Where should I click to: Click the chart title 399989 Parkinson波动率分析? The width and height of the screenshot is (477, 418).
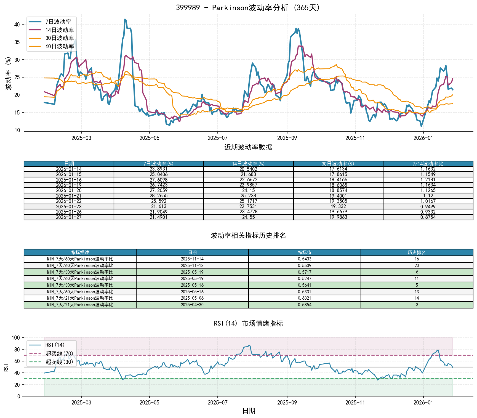coord(248,7)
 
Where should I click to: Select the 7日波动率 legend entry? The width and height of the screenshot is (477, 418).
coord(58,22)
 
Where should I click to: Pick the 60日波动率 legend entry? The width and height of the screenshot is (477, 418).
coord(59,46)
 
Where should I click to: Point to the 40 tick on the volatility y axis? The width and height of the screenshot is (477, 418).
coord(17,25)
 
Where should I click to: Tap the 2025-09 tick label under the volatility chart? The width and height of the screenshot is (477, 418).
coord(287,138)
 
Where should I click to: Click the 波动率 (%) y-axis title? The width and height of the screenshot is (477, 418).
coord(9,73)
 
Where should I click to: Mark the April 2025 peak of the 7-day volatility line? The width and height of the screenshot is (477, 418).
coord(125,19)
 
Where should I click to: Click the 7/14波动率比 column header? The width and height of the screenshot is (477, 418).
coord(428,164)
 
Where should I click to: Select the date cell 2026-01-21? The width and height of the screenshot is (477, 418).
coord(69,196)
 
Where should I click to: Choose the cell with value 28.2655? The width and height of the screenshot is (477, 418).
coord(159,196)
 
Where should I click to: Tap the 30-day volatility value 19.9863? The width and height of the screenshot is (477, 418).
coord(338,217)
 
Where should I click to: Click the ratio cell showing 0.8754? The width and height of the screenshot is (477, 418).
coord(428,217)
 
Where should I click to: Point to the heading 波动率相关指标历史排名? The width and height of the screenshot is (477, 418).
coord(248,235)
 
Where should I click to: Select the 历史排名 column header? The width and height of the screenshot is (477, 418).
coord(417,252)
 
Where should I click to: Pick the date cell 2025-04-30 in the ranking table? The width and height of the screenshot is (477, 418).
coord(192,305)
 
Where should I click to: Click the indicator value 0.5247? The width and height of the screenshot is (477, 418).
coord(305,278)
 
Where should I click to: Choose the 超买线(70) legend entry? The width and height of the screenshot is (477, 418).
coord(59,353)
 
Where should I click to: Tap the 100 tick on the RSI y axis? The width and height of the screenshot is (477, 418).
coord(16,338)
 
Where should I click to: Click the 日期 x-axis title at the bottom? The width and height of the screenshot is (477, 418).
coord(249,411)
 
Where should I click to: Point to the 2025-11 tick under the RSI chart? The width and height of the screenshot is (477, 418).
coord(355,403)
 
